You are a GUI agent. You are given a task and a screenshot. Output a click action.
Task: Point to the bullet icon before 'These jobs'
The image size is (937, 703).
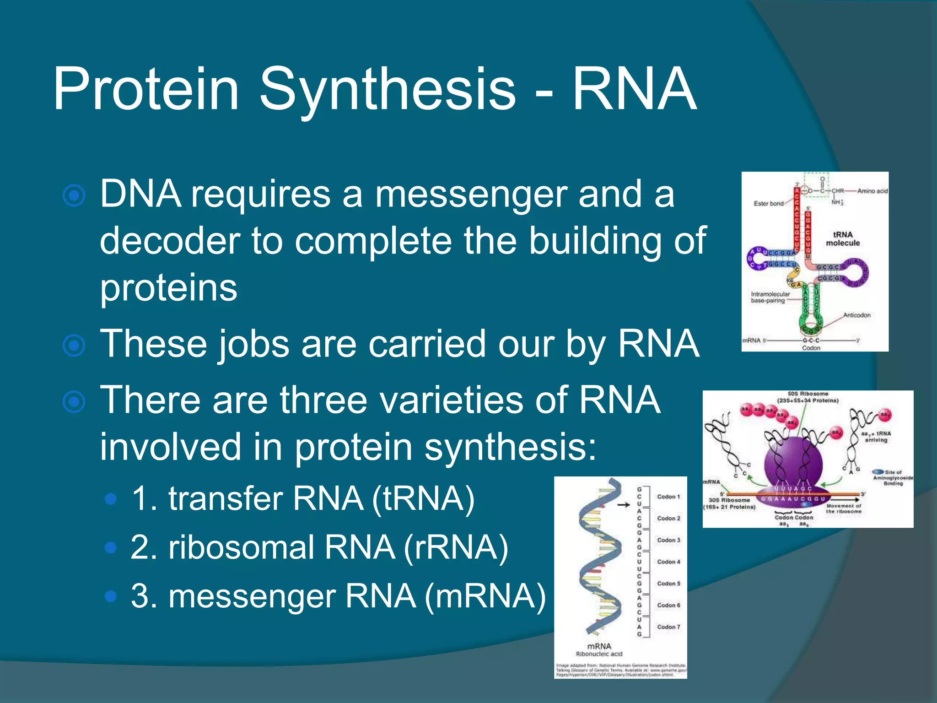click(x=74, y=346)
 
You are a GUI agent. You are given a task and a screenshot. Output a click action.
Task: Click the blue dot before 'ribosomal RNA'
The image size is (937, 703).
click(x=110, y=547)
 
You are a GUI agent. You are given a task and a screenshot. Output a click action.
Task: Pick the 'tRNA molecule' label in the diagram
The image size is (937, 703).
click(x=843, y=239)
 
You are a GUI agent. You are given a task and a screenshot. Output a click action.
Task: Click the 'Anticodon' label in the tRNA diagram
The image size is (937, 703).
click(x=856, y=315)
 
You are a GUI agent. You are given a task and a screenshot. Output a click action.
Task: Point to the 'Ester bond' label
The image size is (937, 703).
click(x=769, y=204)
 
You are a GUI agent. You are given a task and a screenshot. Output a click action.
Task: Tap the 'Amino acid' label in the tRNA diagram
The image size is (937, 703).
click(x=872, y=191)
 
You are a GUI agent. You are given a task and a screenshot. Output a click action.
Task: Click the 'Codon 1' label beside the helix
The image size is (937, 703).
click(x=668, y=497)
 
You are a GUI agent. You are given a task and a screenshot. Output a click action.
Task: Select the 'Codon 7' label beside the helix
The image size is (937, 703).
click(x=668, y=627)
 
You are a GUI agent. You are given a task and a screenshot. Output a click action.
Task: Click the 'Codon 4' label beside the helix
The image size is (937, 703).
click(x=668, y=562)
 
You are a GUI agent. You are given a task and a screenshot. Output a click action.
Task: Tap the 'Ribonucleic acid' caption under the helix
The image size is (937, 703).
click(x=599, y=654)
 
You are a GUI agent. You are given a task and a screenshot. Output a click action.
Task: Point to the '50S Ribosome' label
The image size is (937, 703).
click(x=808, y=394)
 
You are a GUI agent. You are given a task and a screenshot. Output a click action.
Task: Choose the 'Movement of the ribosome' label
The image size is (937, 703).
click(x=844, y=508)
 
